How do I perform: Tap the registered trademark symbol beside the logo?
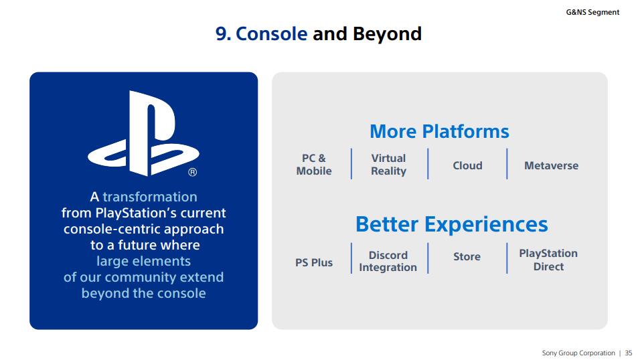click(192, 172)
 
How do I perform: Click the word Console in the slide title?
click(271, 33)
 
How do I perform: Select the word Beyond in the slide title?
click(387, 33)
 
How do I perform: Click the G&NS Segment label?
click(592, 12)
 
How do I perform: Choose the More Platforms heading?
click(439, 131)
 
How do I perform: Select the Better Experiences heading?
click(452, 224)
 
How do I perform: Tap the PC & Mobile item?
click(314, 165)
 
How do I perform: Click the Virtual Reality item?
click(388, 165)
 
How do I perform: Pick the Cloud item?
click(467, 165)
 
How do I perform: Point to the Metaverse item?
click(552, 165)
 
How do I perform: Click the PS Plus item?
click(314, 263)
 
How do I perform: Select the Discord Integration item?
click(388, 261)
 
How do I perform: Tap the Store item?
click(467, 257)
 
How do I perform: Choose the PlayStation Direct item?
click(548, 260)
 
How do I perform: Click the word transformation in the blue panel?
click(150, 197)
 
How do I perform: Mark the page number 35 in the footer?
click(629, 353)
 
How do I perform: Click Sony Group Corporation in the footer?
click(578, 353)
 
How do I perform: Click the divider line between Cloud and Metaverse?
click(507, 163)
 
